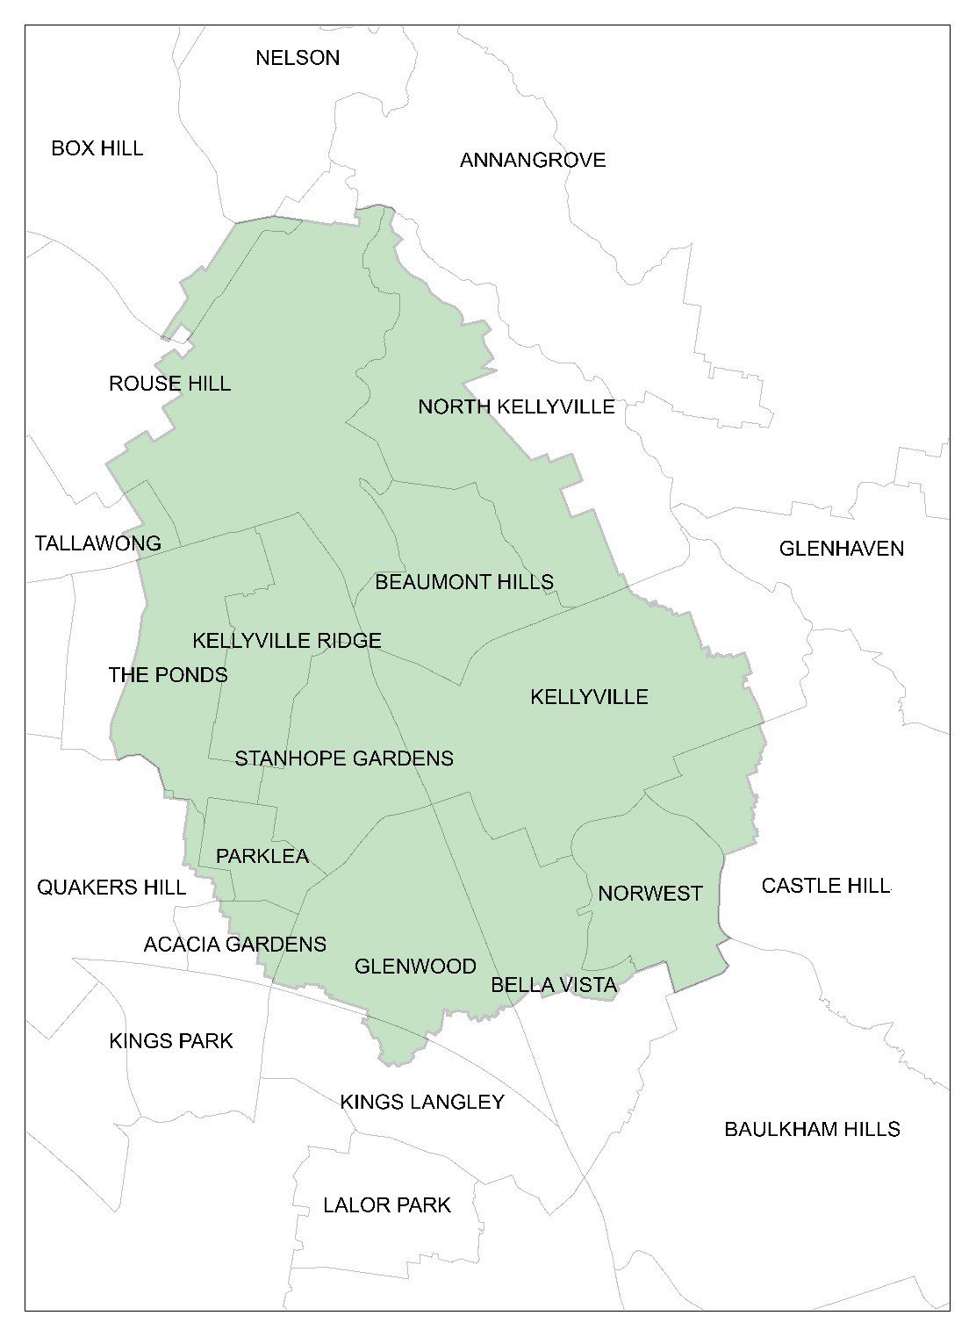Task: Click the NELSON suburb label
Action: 297,58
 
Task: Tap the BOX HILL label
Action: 97,147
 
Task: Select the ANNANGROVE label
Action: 532,160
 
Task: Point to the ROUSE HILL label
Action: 169,384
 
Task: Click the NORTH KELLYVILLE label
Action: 515,407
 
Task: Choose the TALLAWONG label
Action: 97,543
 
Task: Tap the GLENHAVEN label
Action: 841,549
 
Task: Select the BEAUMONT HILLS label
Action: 463,582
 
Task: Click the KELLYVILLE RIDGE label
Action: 286,641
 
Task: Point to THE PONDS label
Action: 168,675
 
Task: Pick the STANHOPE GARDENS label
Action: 343,758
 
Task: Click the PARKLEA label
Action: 262,856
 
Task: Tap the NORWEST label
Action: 649,894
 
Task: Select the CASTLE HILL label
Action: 825,885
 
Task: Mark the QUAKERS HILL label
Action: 111,888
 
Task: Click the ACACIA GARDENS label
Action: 234,945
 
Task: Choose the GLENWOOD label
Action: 415,967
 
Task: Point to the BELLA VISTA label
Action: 554,985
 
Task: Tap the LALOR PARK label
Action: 386,1204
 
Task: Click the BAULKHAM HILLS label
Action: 811,1129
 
